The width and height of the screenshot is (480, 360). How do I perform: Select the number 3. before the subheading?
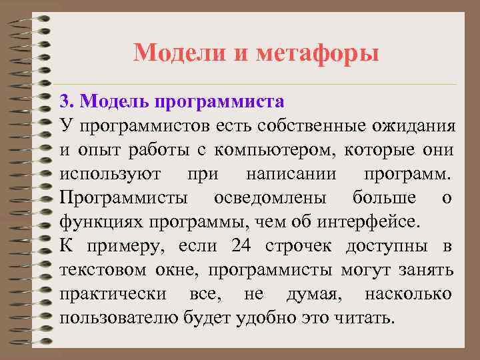[66, 101]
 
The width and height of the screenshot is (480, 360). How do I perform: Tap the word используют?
[109, 175]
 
